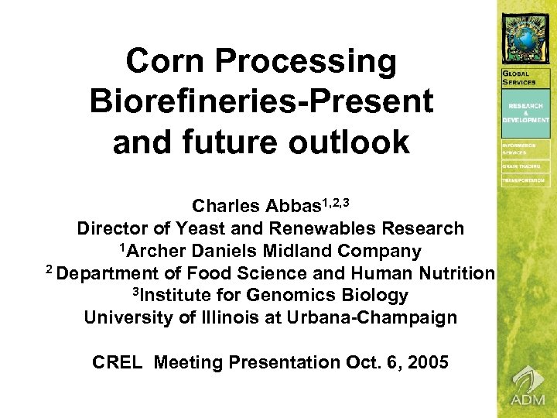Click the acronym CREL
click(117, 362)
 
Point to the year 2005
click(427, 362)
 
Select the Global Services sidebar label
click(520, 77)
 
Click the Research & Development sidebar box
click(526, 113)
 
